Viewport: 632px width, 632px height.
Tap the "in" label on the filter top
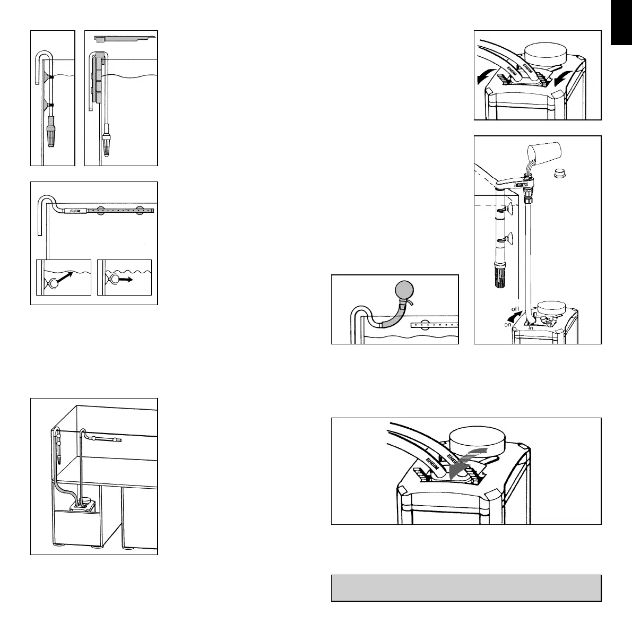531,328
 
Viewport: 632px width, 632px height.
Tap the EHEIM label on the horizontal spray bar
71,210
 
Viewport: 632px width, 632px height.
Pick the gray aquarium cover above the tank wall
124,38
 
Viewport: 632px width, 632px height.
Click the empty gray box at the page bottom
466,587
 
